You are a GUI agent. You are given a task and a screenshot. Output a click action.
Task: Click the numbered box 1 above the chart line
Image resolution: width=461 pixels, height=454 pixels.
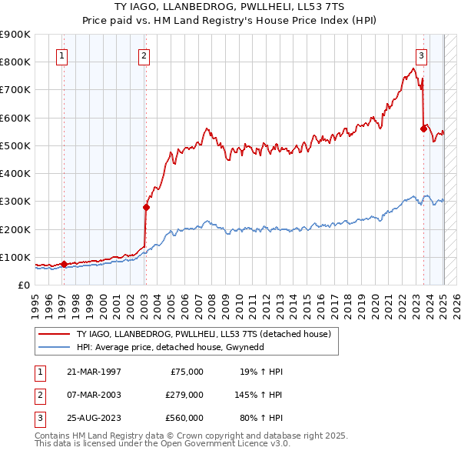tap(61, 55)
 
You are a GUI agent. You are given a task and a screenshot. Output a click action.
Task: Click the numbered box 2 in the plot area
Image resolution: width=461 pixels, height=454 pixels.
tap(144, 55)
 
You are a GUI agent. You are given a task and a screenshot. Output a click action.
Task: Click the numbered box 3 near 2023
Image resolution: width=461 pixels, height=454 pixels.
tap(422, 55)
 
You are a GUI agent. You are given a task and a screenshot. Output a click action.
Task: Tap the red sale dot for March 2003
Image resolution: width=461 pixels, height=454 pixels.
tap(146, 206)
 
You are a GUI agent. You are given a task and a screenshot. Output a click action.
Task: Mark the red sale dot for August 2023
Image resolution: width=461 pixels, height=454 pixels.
tap(423, 129)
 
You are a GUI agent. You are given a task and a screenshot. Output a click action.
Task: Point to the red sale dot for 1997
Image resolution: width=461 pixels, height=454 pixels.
tap(64, 264)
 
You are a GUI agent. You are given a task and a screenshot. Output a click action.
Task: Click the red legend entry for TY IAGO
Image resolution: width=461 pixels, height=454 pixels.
tap(204, 334)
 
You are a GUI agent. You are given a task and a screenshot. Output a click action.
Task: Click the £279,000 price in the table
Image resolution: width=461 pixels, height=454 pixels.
tap(184, 394)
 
